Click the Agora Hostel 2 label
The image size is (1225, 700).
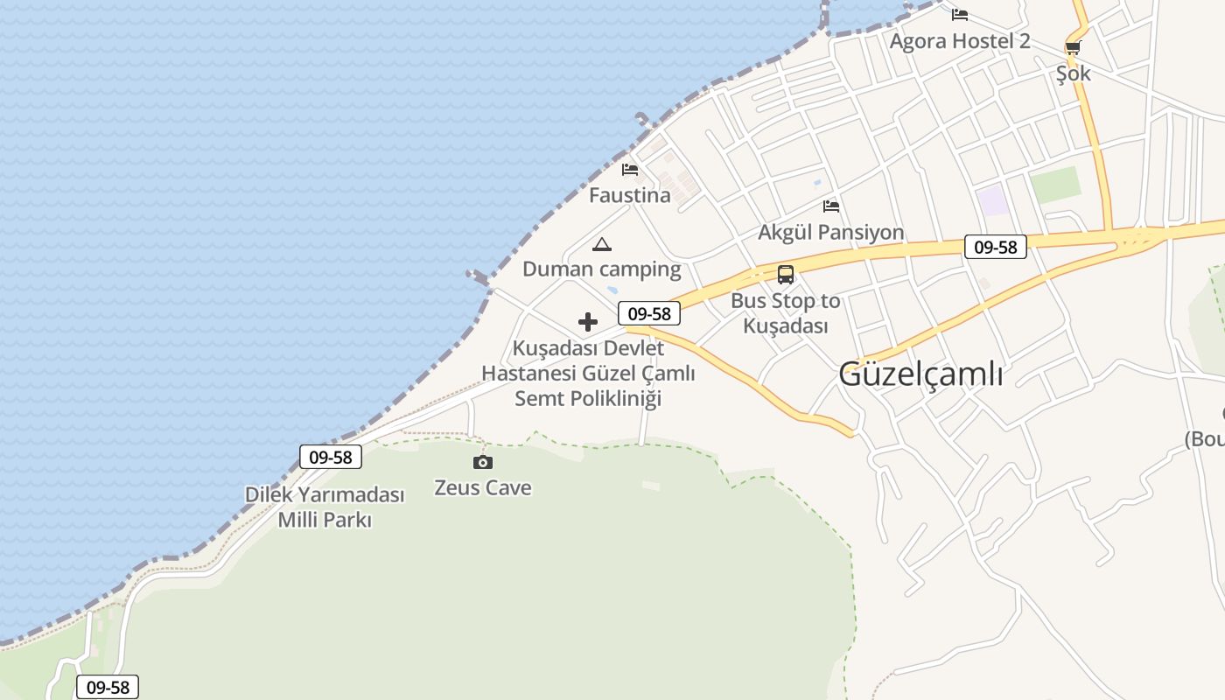coord(960,41)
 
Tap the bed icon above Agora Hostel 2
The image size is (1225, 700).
coord(960,15)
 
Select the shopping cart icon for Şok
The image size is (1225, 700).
coord(1073,47)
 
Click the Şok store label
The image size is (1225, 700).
coord(1073,73)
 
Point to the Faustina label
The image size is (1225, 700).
coord(629,195)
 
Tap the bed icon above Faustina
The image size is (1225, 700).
coord(630,170)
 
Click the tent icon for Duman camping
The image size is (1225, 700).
coord(601,244)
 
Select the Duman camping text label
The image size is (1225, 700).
coord(601,269)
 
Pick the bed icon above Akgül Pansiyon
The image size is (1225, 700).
coord(831,206)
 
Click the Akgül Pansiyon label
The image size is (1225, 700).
coord(830,232)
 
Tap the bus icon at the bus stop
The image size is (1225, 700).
coord(786,275)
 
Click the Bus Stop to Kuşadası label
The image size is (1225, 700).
coord(785,313)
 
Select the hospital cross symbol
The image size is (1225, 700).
coord(588,322)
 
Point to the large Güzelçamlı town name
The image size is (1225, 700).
coord(920,374)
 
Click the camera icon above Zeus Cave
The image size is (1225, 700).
coord(482,462)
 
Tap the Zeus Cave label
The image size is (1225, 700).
coord(482,487)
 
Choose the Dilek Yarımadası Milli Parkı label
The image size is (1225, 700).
coord(325,507)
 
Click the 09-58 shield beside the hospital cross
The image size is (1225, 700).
coord(648,313)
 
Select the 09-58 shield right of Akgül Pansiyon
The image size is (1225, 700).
coord(996,247)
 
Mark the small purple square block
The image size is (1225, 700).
coord(993,200)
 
